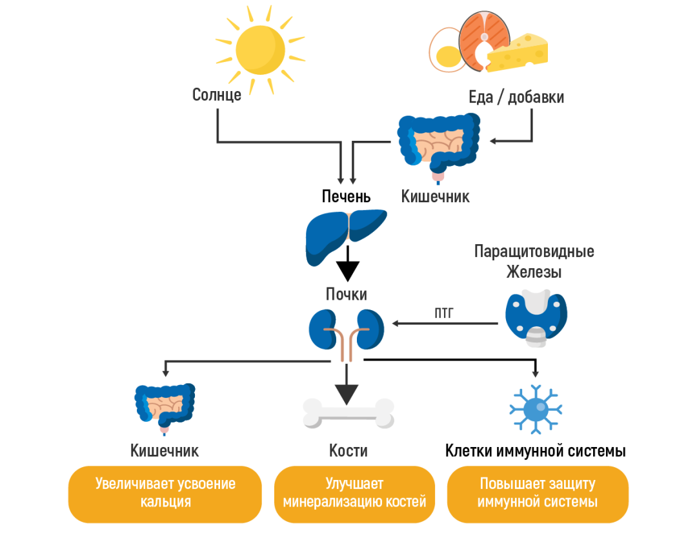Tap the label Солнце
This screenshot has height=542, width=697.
[217, 96]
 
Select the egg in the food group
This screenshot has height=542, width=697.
[446, 50]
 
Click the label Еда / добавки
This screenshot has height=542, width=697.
[516, 98]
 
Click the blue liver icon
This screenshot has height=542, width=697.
[345, 236]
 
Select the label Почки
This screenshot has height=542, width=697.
[346, 295]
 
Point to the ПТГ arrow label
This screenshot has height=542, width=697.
[443, 314]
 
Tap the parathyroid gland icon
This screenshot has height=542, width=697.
[536, 317]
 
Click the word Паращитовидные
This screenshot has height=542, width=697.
[534, 251]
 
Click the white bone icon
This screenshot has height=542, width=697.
[348, 413]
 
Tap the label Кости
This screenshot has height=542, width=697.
[348, 450]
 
